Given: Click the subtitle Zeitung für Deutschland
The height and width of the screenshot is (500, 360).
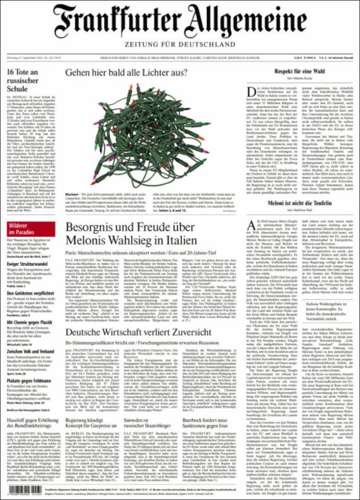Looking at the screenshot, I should pyautogui.click(x=180, y=47).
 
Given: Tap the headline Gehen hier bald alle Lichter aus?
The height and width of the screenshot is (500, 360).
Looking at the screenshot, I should pyautogui.click(x=126, y=73).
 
